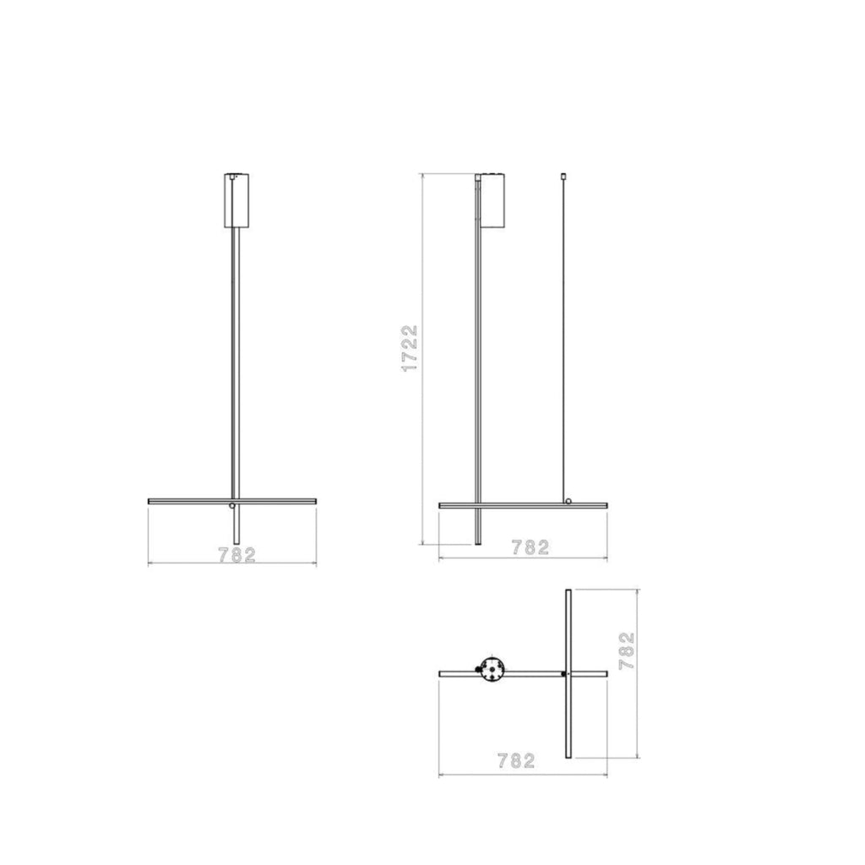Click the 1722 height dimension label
pyautogui.click(x=410, y=347)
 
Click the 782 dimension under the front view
pyautogui.click(x=237, y=555)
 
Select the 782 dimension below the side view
pyautogui.click(x=530, y=547)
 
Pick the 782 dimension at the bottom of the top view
pyautogui.click(x=516, y=760)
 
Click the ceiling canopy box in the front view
pyautogui.click(x=237, y=200)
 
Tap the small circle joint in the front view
pyautogui.click(x=232, y=505)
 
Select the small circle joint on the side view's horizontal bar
pyautogui.click(x=569, y=502)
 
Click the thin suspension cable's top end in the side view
pyautogui.click(x=563, y=177)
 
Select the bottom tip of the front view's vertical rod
pyautogui.click(x=236, y=544)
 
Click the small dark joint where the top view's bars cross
pyautogui.click(x=564, y=674)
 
